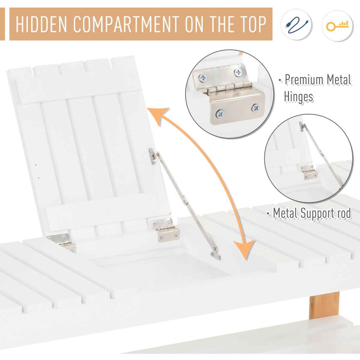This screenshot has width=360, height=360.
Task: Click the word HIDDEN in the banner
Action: [x=41, y=25]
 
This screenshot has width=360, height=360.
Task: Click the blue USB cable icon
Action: [x=296, y=25]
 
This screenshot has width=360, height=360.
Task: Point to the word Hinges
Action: [x=298, y=97]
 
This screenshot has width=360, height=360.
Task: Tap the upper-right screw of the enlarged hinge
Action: [x=238, y=72]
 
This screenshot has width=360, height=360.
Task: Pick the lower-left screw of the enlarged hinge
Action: [x=220, y=114]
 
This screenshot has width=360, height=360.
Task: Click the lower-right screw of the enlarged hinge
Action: [x=256, y=108]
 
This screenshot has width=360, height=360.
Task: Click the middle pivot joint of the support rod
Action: [x=185, y=201]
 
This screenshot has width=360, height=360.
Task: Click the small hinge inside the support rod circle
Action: [x=308, y=172]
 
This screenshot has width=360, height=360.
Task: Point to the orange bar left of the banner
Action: [x=2, y=24]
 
